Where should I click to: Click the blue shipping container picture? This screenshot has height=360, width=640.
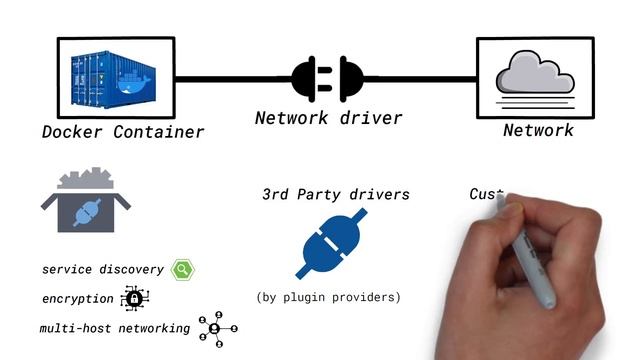pos(110,78)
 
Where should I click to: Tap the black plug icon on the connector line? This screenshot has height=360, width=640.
pos(327,78)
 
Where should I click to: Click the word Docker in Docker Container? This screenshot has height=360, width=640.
pos(75,132)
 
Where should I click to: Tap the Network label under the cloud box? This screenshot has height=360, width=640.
pos(538,131)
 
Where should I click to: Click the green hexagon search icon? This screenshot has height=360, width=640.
pos(182,269)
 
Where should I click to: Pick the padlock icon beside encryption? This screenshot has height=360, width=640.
pos(134,298)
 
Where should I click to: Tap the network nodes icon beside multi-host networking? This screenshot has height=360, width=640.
pos(216,328)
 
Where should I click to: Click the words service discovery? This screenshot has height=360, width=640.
pos(103,270)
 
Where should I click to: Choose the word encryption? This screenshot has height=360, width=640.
pos(78,299)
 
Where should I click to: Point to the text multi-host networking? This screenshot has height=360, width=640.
pos(115,329)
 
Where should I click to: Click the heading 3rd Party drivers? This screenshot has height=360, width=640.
pos(335,194)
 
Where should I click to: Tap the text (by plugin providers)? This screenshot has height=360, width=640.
pos(328,297)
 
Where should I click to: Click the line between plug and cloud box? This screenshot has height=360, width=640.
pos(420,78)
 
